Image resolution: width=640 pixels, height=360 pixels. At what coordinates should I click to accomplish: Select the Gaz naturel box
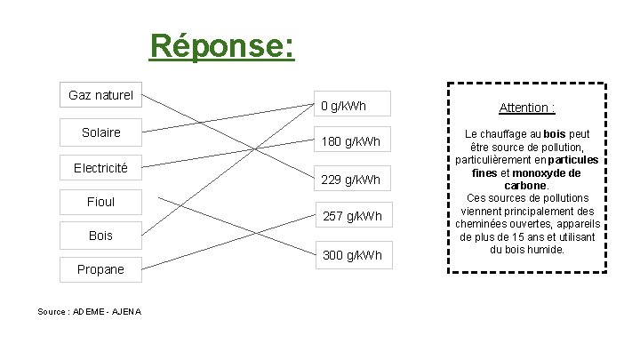[x=100, y=94]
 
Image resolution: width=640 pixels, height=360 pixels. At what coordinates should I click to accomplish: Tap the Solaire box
[x=100, y=132]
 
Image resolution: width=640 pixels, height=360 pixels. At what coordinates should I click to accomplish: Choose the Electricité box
[x=100, y=167]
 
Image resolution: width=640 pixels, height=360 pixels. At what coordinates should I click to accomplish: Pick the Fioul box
[x=100, y=202]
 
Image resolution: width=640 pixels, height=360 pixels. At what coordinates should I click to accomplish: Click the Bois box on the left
[x=100, y=236]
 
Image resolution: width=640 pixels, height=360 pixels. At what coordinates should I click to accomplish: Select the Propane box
[x=100, y=269]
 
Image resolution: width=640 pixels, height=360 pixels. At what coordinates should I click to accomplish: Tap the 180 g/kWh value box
[x=350, y=142]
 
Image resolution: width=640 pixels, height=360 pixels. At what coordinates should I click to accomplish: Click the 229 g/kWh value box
[x=350, y=180]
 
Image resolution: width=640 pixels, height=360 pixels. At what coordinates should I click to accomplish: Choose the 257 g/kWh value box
[x=351, y=216]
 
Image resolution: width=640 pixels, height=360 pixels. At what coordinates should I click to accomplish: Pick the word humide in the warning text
[x=544, y=249]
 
